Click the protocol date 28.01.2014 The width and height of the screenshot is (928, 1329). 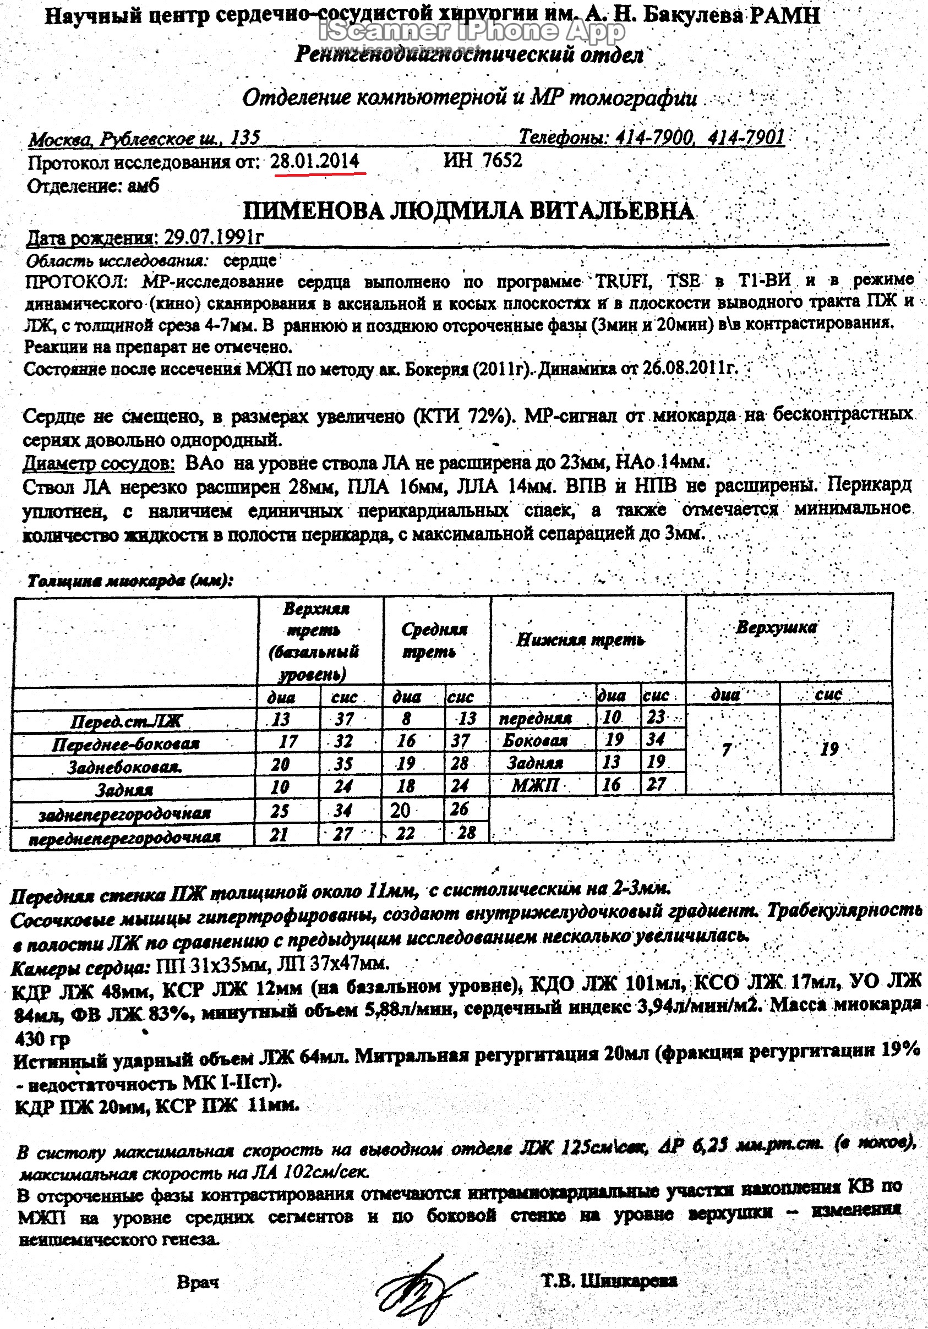[315, 161]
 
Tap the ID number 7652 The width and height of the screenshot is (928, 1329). [502, 160]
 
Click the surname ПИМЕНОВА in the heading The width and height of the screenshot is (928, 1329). [313, 211]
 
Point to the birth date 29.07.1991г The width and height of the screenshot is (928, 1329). [214, 237]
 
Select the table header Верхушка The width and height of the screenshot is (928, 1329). [776, 627]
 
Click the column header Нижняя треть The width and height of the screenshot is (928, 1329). [580, 639]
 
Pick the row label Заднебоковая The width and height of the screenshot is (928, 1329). [124, 768]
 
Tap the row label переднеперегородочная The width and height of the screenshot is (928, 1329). [124, 838]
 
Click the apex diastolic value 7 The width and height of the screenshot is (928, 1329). [726, 750]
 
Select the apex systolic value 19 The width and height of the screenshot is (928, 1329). [829, 750]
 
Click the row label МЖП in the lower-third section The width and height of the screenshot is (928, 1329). [535, 785]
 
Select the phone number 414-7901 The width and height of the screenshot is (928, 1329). [746, 137]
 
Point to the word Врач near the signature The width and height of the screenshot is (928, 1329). [198, 1282]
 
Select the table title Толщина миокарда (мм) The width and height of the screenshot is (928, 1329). [130, 581]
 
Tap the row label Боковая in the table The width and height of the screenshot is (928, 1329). [535, 740]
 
